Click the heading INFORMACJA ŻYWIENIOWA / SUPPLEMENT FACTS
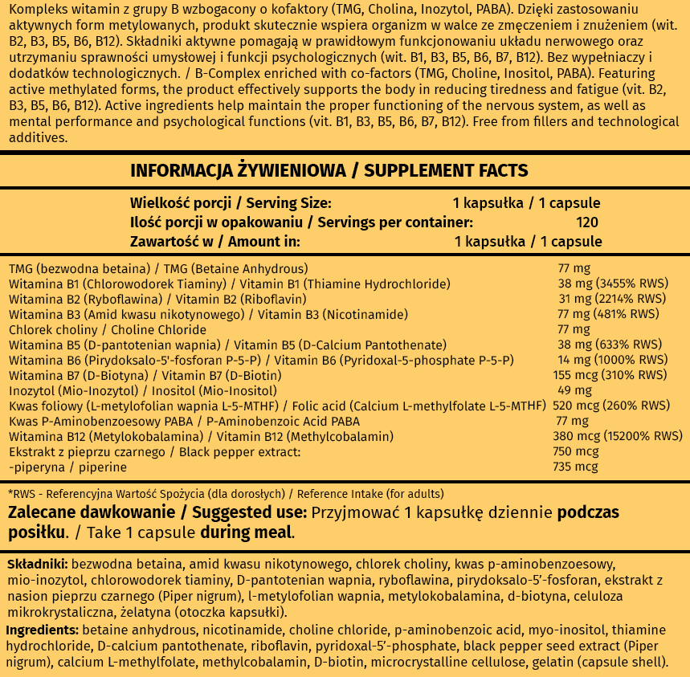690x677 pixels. point(329,170)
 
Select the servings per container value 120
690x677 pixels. point(587,222)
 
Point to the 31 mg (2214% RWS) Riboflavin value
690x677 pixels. point(612,299)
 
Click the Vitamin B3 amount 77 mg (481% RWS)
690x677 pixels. point(609,314)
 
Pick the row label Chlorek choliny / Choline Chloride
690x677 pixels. point(108,329)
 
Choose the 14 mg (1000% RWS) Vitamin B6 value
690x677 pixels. point(612,360)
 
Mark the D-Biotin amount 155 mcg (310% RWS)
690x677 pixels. point(612,375)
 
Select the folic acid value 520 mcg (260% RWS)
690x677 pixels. point(613,406)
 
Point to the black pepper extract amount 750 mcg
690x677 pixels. point(578,451)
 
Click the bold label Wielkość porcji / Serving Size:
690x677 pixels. point(231,203)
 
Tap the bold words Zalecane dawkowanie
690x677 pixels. point(90,512)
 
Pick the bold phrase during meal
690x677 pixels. point(246,532)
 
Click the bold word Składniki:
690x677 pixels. point(36,565)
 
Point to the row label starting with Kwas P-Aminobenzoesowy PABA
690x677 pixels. point(184,421)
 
